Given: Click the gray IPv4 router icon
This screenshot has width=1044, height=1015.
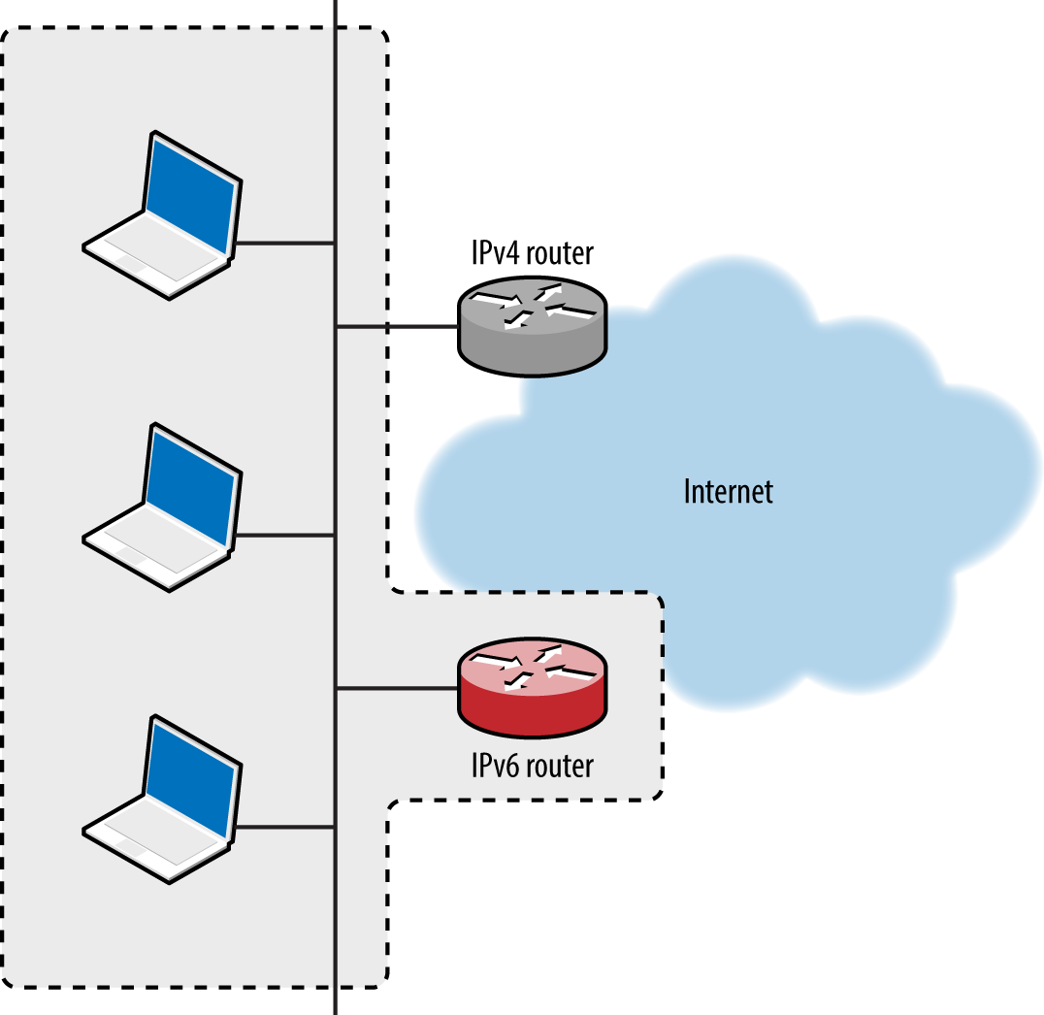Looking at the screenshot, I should coord(531,325).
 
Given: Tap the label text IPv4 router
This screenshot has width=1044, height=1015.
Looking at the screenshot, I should coord(529,254).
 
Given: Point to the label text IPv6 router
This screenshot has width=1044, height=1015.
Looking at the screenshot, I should coord(531,766).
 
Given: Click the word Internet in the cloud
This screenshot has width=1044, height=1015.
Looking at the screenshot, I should coord(728,491).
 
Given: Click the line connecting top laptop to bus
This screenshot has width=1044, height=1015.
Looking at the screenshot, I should coord(286,243).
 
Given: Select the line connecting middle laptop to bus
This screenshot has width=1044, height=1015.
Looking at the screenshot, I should coord(286,535).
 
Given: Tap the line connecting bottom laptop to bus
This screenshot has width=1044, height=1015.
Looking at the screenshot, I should coord(286,827).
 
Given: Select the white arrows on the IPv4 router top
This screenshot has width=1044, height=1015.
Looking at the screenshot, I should coord(531,304).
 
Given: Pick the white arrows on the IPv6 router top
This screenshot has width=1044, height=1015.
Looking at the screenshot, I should coord(531,667).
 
